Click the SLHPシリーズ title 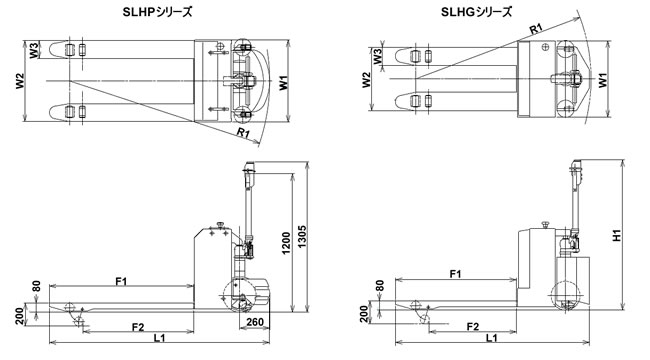coord(158,12)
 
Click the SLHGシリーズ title coord(476,12)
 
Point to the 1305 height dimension coord(303,237)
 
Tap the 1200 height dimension coord(286,243)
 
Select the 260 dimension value coord(255,322)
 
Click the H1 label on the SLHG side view coord(618,235)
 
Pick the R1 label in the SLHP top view coord(243,133)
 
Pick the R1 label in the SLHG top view coord(536,29)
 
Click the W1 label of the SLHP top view coord(283,83)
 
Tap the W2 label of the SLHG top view coord(366,80)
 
